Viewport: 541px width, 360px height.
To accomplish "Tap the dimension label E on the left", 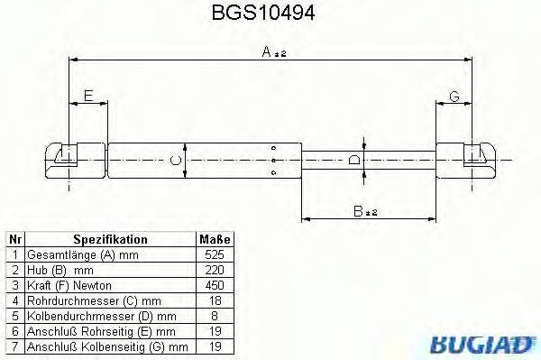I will pos(87,95).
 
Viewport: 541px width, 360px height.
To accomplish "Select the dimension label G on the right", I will pos(454,95).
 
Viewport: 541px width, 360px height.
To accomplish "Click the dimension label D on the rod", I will pos(354,161).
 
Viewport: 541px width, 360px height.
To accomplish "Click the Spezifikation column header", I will pos(110,240).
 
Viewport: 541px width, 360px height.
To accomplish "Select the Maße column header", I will pos(215,240).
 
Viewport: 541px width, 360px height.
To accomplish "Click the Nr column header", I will pos(14,240).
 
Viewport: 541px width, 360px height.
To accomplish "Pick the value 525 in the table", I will pos(215,255).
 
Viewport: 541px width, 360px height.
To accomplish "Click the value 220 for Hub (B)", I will pos(215,270).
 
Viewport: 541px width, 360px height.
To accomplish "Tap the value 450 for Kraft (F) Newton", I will pos(215,285).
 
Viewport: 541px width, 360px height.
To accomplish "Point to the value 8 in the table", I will pos(215,315).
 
